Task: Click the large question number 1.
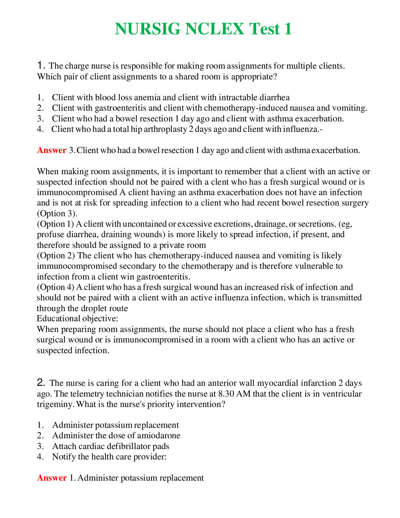(41, 65)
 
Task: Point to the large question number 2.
(41, 382)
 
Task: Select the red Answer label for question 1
(52, 150)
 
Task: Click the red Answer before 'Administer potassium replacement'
(52, 478)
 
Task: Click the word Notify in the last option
(64, 457)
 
